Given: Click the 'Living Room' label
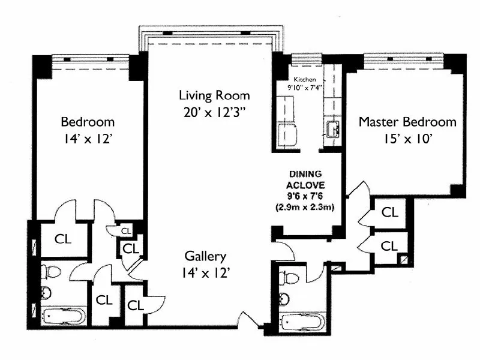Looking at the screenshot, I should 214,95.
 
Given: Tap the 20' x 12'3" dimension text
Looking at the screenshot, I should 214,112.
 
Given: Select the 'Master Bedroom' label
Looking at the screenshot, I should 407,122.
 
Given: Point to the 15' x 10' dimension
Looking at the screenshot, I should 407,139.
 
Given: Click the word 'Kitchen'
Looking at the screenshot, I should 304,79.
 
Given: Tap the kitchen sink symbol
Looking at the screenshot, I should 334,128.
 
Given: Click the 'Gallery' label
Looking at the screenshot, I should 206,257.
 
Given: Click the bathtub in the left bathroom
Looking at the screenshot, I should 64,315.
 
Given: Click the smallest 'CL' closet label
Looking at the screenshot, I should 126,230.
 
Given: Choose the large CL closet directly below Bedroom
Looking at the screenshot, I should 63,238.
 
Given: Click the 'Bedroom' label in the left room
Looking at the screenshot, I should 88,122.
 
